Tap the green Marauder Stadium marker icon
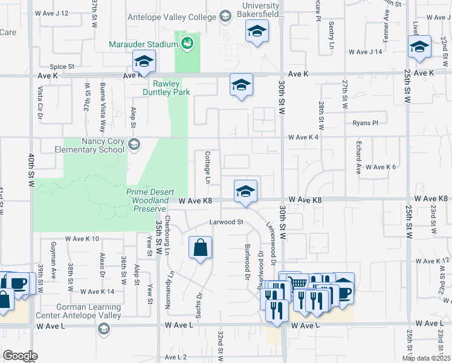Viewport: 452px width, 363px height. click(x=187, y=43)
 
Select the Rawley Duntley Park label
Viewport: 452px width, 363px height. click(x=166, y=88)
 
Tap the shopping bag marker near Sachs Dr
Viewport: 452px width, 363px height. click(x=201, y=247)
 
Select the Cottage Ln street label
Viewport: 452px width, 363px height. click(x=207, y=168)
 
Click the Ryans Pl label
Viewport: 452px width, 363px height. click(x=366, y=122)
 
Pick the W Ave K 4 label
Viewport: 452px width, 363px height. click(x=303, y=137)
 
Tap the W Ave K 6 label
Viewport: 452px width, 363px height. click(x=380, y=166)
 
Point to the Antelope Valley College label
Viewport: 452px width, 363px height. click(x=172, y=17)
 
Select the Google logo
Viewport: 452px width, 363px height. click(x=20, y=356)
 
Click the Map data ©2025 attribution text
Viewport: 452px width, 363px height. click(x=425, y=358)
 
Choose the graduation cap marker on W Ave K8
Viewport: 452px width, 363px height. click(x=245, y=191)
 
